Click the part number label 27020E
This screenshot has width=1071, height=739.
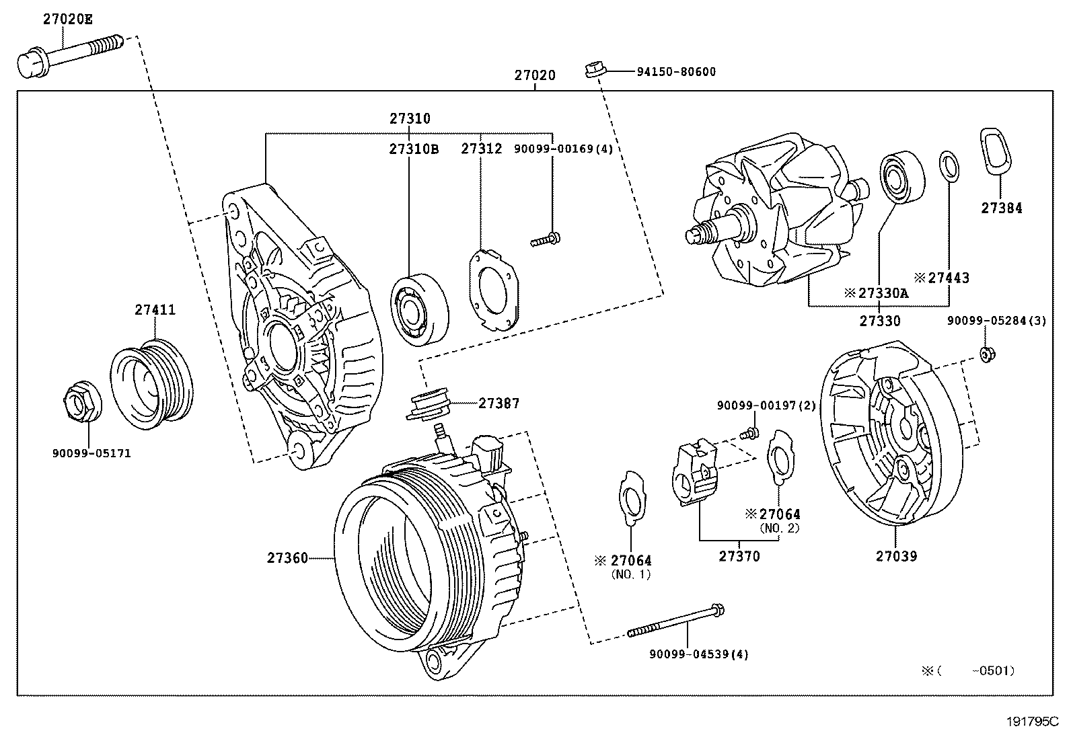[67, 20]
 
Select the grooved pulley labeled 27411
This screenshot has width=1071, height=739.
[151, 383]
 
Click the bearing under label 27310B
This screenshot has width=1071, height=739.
[420, 309]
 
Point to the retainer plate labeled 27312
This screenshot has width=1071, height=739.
[493, 290]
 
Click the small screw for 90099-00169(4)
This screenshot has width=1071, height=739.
[546, 238]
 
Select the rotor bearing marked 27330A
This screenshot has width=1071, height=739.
[901, 178]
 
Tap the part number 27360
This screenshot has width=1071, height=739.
[287, 557]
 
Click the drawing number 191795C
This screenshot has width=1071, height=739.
[1033, 722]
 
